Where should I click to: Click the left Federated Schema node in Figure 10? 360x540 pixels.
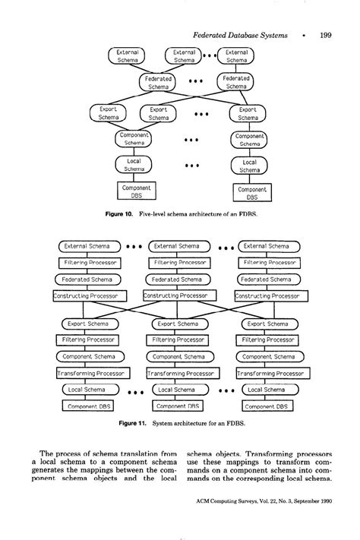(158, 82)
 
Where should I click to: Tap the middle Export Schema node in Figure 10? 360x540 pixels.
(159, 113)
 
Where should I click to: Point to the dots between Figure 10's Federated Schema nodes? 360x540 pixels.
(196, 81)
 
